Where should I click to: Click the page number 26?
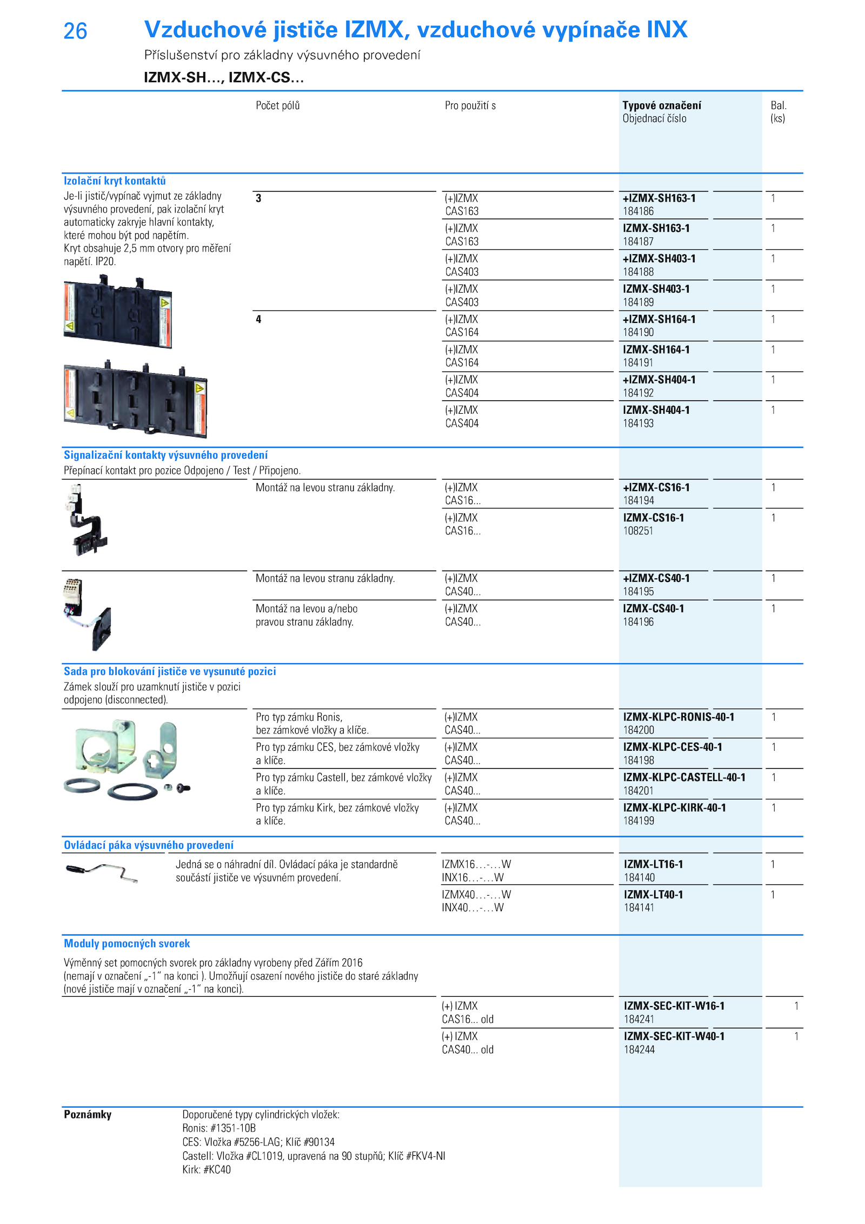[75, 31]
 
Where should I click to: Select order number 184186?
[638, 211]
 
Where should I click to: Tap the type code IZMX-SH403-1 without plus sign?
[656, 289]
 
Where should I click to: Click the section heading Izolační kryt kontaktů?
[115, 181]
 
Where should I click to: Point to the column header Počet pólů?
[277, 105]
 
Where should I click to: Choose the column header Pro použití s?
[470, 105]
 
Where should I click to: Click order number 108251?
[638, 531]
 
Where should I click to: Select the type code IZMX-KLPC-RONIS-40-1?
[678, 717]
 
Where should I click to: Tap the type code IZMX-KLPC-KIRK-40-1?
[674, 808]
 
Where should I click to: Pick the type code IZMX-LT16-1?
[653, 864]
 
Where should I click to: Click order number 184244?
[639, 1050]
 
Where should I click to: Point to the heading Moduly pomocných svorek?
[127, 944]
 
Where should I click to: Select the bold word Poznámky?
[88, 1114]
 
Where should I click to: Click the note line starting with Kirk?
[207, 1169]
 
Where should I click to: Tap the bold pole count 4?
[258, 319]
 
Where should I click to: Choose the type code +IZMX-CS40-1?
[656, 578]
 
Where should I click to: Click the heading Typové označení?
[662, 105]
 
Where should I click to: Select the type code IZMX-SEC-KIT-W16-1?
[674, 1006]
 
